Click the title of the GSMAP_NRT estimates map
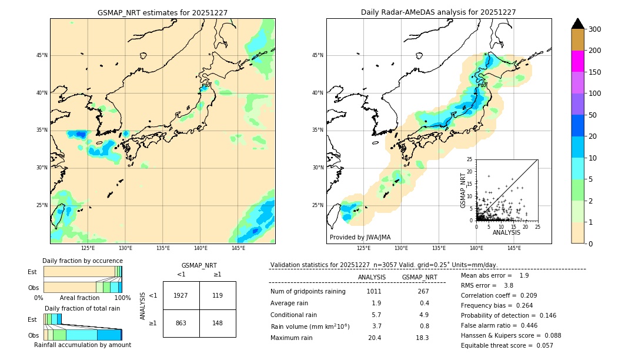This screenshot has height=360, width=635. tap(162, 12)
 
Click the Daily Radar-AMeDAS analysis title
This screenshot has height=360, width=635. tap(438, 12)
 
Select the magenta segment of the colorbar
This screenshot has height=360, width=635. tap(577, 61)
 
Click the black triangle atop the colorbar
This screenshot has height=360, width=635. tap(577, 24)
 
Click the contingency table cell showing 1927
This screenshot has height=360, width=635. tap(181, 295)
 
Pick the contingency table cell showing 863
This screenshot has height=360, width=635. tap(181, 323)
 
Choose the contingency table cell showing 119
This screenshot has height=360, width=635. tap(218, 295)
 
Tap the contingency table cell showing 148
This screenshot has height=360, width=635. tap(218, 323)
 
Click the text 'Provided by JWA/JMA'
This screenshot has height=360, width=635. tap(360, 238)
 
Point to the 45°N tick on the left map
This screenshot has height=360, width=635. tap(42, 55)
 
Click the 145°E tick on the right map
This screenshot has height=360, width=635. tap(514, 248)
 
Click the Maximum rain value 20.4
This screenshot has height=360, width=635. tap(375, 338)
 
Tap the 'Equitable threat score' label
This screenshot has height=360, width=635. tap(499, 345)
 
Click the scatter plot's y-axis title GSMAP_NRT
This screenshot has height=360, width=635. tap(463, 190)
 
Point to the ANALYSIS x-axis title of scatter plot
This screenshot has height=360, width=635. tap(506, 233)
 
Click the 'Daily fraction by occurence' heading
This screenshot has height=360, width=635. tap(82, 261)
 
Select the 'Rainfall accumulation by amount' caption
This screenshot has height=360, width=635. tap(82, 345)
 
